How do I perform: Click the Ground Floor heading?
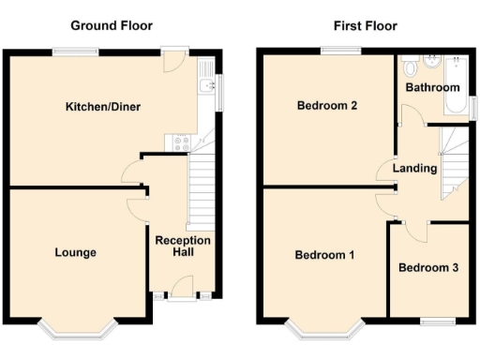pyautogui.click(x=112, y=25)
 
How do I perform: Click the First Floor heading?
pyautogui.click(x=365, y=25)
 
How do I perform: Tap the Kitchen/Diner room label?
pyautogui.click(x=102, y=107)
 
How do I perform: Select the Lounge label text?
pyautogui.click(x=75, y=252)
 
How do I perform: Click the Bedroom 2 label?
pyautogui.click(x=327, y=106)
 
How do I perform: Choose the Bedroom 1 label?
pyautogui.click(x=324, y=255)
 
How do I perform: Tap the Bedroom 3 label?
pyautogui.click(x=428, y=268)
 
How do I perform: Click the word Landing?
pyautogui.click(x=414, y=169)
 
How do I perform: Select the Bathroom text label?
pyautogui.click(x=431, y=87)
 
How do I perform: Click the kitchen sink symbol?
pyautogui.click(x=206, y=89)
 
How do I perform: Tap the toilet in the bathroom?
pyautogui.click(x=410, y=67)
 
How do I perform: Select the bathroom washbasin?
pyautogui.click(x=432, y=64)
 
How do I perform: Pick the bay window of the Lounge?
pyautogui.click(x=78, y=327)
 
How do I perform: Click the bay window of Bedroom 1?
pyautogui.click(x=325, y=327)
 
